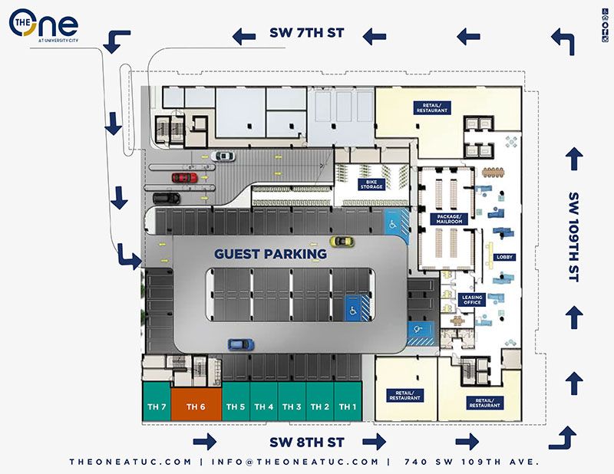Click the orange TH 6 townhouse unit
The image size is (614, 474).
point(196,405)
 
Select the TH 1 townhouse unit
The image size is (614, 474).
point(348,406)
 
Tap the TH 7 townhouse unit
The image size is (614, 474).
point(156,406)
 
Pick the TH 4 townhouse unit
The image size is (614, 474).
point(263,406)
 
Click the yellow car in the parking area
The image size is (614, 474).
point(342,242)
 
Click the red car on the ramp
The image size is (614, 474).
point(184,178)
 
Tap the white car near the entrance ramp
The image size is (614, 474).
point(223,156)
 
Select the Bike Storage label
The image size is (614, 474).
point(371,184)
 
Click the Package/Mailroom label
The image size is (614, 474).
point(449,219)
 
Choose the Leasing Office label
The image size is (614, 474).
point(472,299)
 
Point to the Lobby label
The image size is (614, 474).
point(504,257)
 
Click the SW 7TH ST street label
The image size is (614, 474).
point(306,34)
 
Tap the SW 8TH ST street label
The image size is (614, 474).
point(305,442)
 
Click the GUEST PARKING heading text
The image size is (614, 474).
point(265,254)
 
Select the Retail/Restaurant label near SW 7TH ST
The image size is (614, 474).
point(431,107)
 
